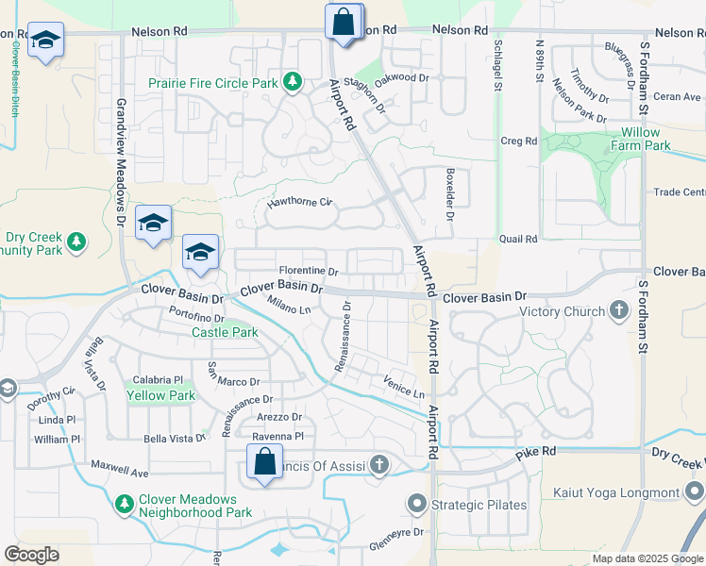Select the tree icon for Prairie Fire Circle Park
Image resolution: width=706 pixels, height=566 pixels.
click(293, 82)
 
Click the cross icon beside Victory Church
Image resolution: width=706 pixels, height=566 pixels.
click(619, 310)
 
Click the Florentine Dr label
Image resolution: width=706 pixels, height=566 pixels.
click(308, 272)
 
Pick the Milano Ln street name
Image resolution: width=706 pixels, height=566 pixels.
click(290, 305)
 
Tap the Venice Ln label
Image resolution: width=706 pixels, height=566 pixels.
click(404, 386)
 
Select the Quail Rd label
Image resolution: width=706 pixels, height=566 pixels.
click(518, 239)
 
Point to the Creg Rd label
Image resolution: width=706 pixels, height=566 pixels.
click(518, 141)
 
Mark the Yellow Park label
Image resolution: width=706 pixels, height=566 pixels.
click(161, 395)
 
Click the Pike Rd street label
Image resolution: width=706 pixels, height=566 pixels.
click(534, 455)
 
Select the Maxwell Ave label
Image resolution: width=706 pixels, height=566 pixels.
click(120, 468)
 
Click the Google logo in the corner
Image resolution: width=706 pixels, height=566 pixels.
click(31, 555)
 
